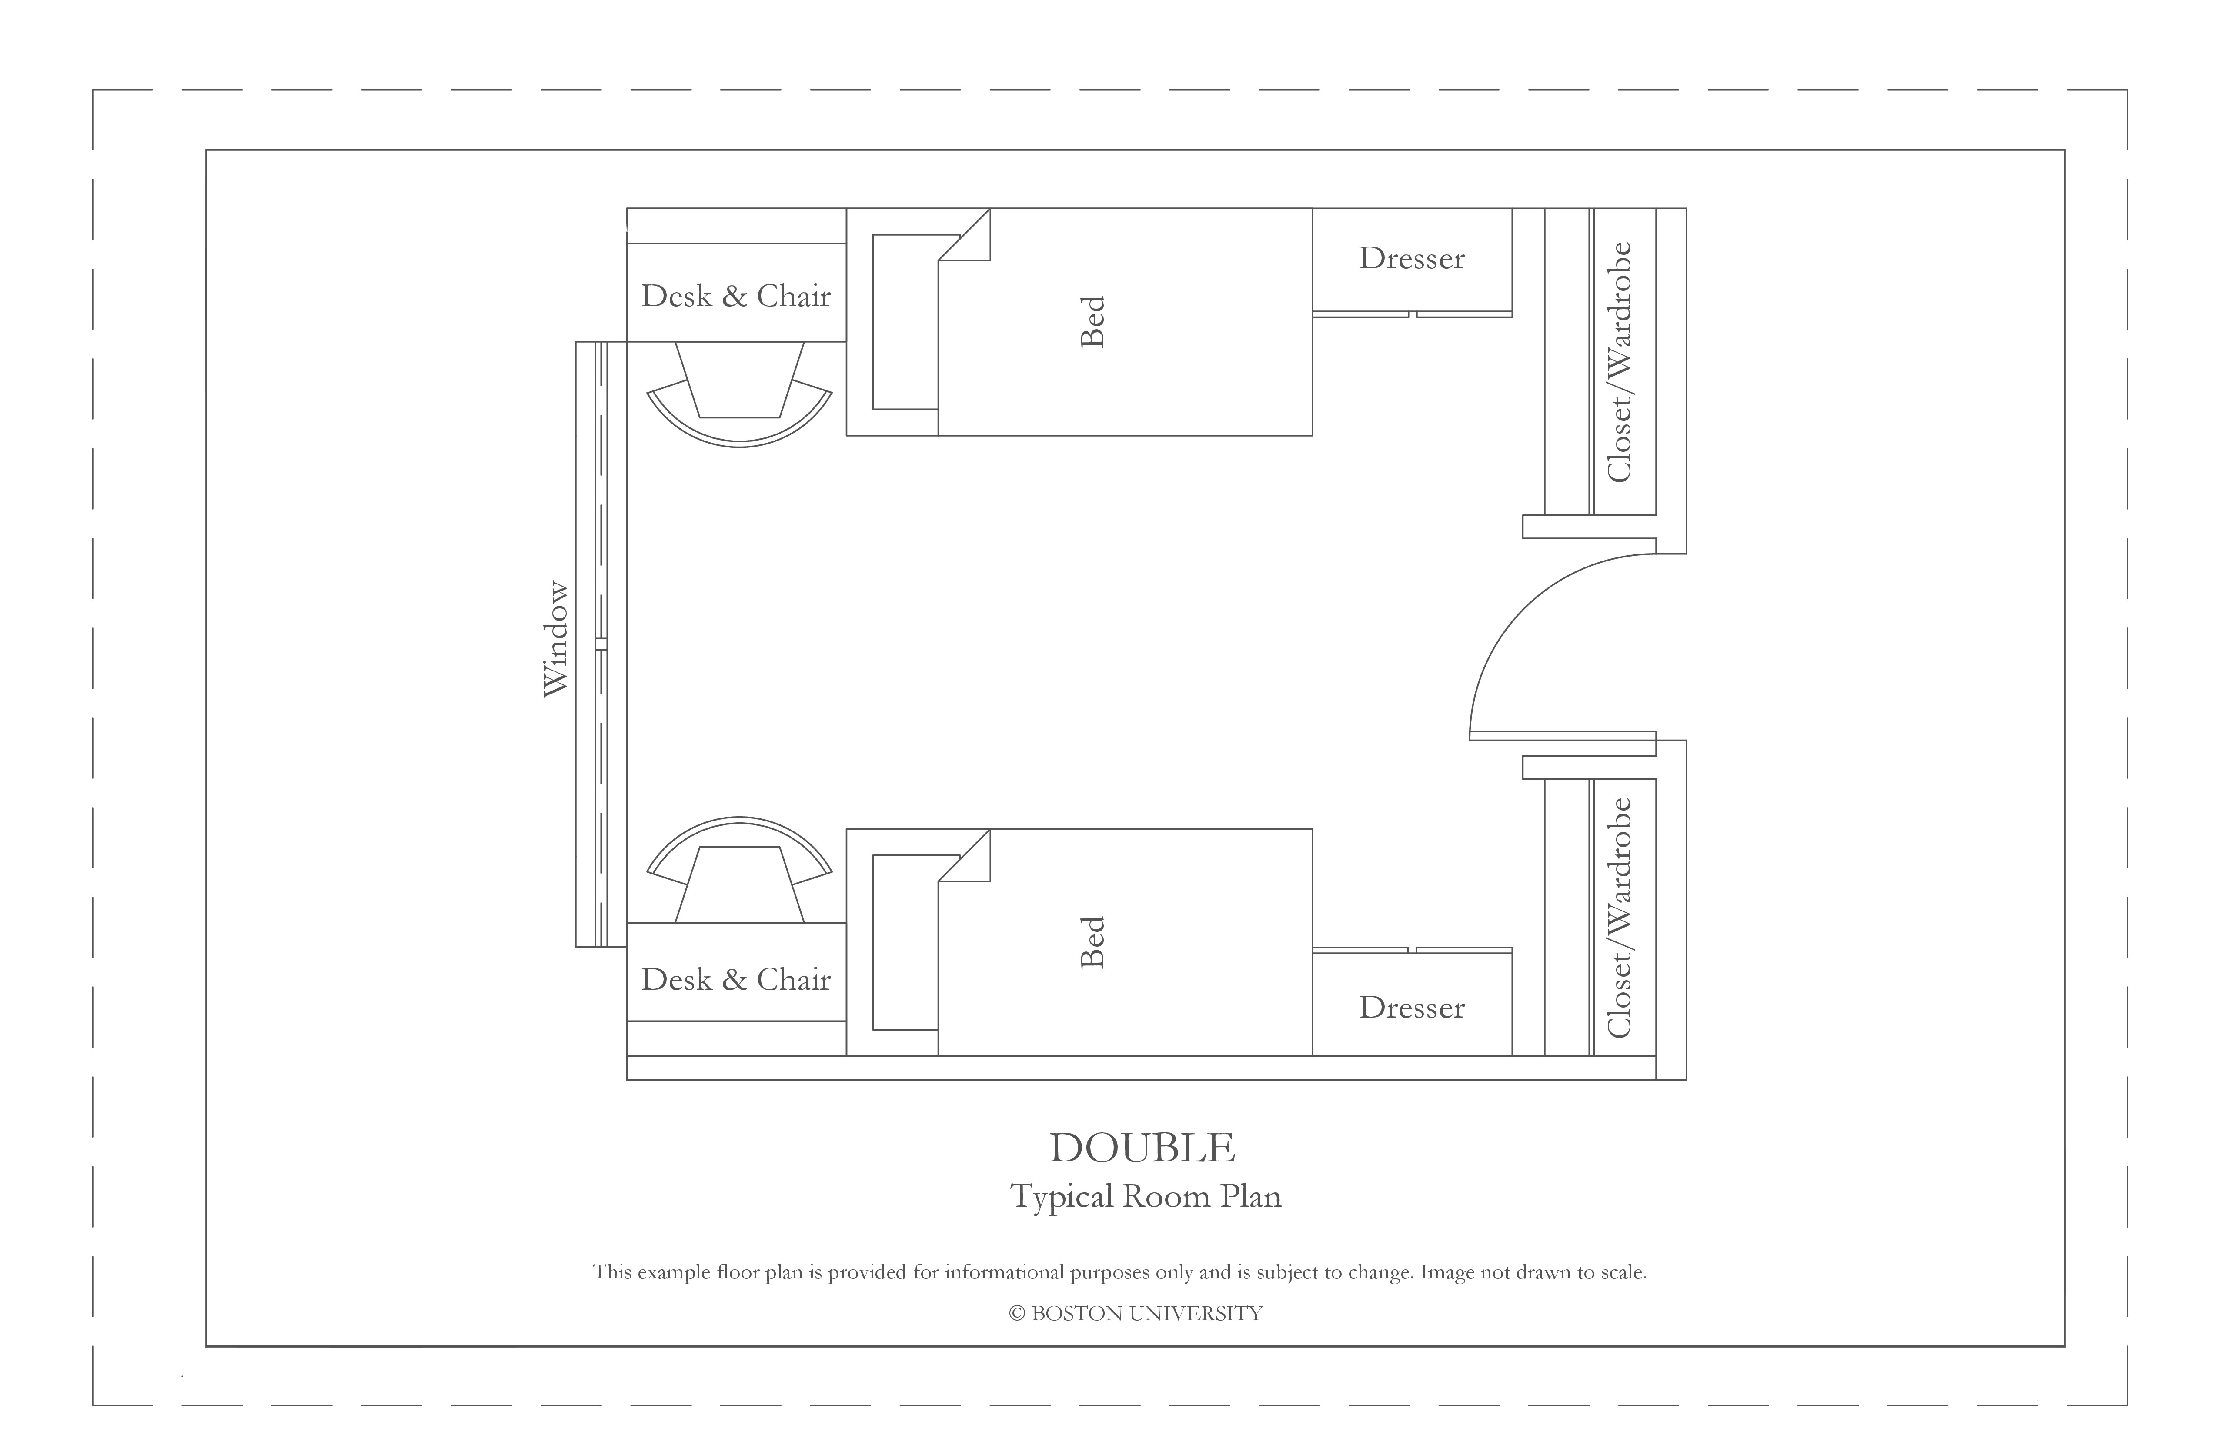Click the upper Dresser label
(x=1412, y=258)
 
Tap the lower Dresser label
(x=1412, y=1007)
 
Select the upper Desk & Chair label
(x=736, y=296)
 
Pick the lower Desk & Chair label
(x=736, y=979)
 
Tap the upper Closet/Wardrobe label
(x=1620, y=363)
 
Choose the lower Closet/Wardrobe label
(x=1620, y=918)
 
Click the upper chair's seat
(x=739, y=380)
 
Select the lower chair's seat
(x=739, y=884)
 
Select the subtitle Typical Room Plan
(x=1146, y=1196)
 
